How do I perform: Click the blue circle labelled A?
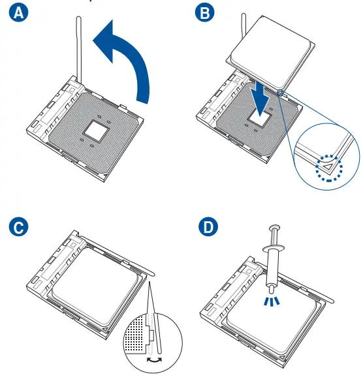tap(18, 12)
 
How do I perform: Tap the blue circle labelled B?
tap(205, 12)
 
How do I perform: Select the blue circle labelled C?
tap(18, 227)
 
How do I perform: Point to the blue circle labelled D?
tap(208, 226)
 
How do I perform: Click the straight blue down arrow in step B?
tap(261, 99)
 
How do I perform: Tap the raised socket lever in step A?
tap(79, 49)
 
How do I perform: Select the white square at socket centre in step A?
tap(95, 130)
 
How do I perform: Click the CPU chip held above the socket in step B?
tap(270, 52)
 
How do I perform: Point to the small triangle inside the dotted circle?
tap(328, 167)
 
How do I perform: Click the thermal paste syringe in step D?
tap(273, 259)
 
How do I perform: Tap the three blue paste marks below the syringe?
tap(272, 301)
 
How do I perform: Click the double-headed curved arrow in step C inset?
tap(154, 360)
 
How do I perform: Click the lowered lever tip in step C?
tap(152, 273)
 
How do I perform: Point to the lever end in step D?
tap(331, 300)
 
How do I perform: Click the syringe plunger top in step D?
tap(274, 228)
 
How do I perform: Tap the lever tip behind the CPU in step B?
tap(244, 16)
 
